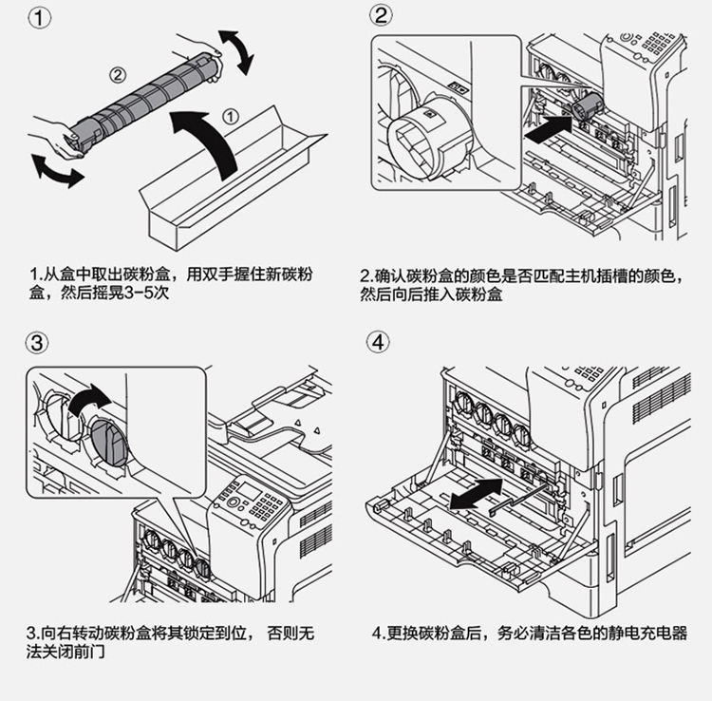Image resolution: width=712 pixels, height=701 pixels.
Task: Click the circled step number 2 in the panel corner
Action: [381, 16]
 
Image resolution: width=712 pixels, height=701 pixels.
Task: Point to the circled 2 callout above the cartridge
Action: [116, 72]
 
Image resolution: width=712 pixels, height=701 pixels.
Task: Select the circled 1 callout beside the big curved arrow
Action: [231, 117]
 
